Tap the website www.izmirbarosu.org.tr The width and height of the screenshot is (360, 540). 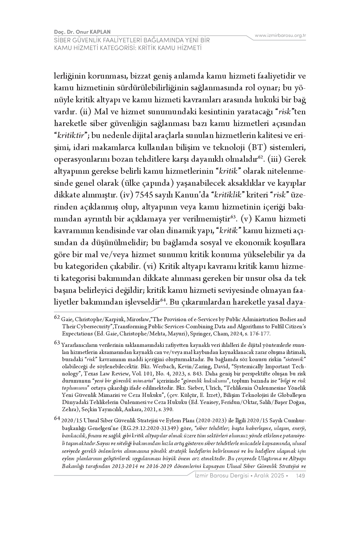point(280,35)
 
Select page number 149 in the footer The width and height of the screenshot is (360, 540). point(301,475)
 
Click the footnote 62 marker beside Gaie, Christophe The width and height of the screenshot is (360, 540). point(57,317)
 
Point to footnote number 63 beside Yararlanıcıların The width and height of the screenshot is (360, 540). point(57,342)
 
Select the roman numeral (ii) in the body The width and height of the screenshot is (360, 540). point(85,111)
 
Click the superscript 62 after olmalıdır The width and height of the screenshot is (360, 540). point(260,157)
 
